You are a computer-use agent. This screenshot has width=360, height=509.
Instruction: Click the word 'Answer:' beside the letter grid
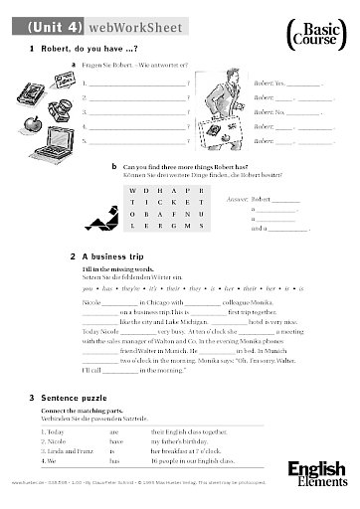pos(240,199)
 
